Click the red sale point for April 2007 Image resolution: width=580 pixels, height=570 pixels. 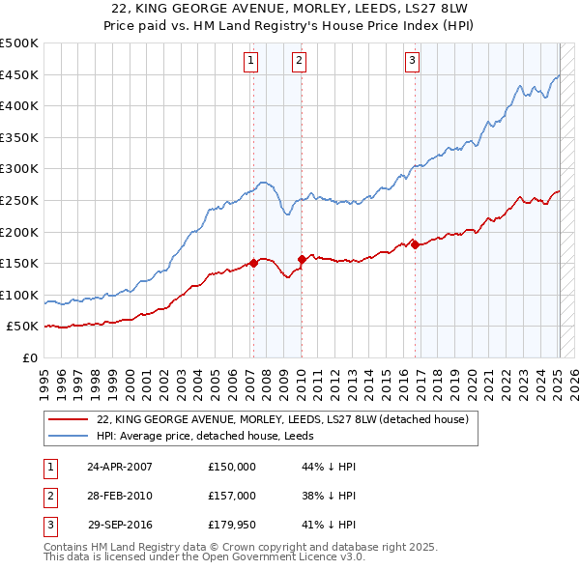[254, 262]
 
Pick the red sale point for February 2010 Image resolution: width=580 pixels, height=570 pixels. [302, 259]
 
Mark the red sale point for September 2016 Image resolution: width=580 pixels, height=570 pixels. [415, 244]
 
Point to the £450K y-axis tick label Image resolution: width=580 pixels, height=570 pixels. [19, 74]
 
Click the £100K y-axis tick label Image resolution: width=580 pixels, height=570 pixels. [19, 295]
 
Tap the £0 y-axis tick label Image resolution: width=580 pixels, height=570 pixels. [30, 357]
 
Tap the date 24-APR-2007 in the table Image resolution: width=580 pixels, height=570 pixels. [119, 466]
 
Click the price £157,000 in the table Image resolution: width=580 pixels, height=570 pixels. [232, 496]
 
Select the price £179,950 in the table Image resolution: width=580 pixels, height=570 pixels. [232, 526]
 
